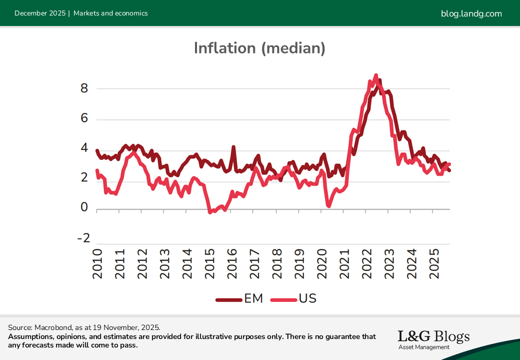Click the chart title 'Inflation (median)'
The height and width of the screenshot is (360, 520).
click(x=259, y=48)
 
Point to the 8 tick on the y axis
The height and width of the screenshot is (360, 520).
click(x=84, y=88)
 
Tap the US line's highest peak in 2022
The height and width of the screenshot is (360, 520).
click(x=376, y=75)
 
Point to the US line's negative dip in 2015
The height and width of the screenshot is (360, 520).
click(x=210, y=212)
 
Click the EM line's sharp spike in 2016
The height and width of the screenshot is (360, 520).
click(x=233, y=147)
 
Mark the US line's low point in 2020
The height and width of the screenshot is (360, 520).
click(x=328, y=205)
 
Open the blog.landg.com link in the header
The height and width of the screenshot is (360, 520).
click(x=471, y=13)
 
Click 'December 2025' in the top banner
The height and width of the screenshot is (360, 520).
click(x=40, y=13)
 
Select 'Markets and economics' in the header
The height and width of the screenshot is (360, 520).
click(x=110, y=13)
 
